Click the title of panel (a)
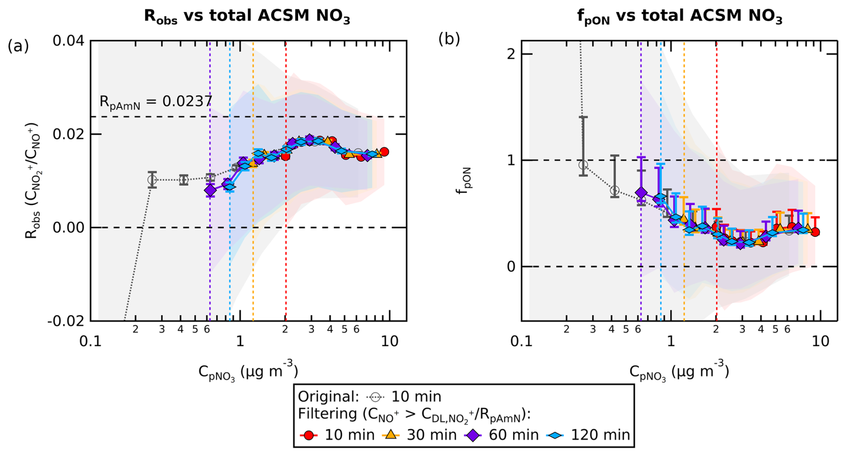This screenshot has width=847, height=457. [247, 17]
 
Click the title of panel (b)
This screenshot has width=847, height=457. [679, 17]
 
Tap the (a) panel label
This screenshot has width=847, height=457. [18, 46]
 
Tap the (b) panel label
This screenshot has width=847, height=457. [449, 39]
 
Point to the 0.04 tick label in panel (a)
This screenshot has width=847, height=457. [68, 41]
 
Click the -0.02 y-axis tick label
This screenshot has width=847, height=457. [65, 321]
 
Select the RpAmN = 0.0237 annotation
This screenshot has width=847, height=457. [155, 102]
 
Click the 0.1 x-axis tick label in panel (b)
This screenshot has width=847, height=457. [522, 342]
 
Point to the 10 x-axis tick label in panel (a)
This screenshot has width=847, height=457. [389, 342]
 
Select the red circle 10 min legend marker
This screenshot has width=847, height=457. [308, 435]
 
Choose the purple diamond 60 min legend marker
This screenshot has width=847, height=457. [473, 435]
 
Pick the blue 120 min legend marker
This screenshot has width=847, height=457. [555, 435]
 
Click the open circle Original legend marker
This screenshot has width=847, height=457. [375, 397]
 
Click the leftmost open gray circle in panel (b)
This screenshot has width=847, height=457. [583, 165]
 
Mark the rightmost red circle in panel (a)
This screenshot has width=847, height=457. [384, 152]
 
